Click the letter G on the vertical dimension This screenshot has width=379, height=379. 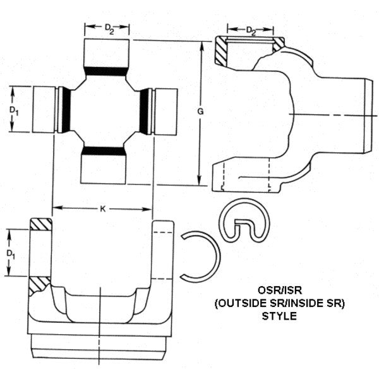pos(200,112)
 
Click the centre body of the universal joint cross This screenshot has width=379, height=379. pos(105,111)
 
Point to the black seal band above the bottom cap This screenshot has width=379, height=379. pos(105,150)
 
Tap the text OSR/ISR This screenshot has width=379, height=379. pos(279,291)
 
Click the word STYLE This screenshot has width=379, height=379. pos(279,316)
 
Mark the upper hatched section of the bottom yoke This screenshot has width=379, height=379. pos(41,224)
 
